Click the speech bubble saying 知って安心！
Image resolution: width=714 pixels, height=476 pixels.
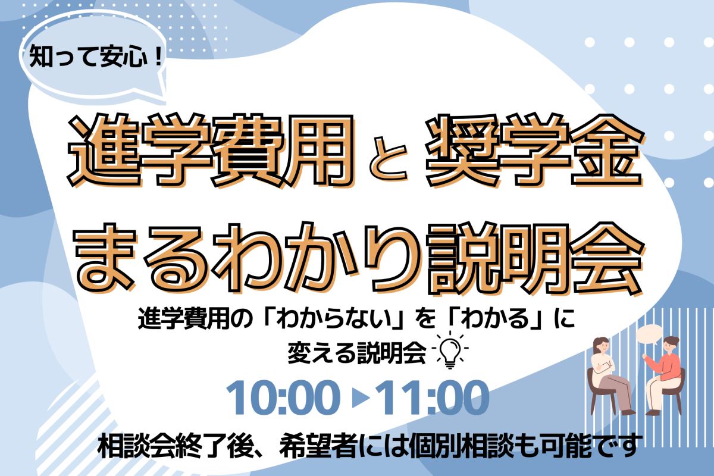coord(93,56)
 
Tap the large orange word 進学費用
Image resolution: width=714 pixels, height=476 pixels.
coord(211,150)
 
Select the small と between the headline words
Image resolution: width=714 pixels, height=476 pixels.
coord(389,158)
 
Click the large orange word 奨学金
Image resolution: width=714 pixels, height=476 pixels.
coord(534,150)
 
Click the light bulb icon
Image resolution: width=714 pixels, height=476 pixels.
coord(450,350)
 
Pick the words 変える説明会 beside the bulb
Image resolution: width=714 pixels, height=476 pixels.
coord(356,353)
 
